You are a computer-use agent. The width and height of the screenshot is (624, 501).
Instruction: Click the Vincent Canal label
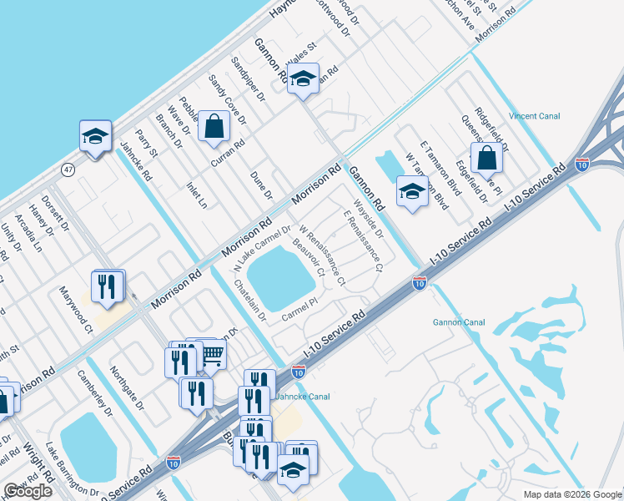click(534, 116)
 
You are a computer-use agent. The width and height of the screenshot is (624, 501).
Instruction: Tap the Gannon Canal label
click(458, 321)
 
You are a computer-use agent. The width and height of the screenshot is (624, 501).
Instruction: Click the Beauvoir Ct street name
click(309, 260)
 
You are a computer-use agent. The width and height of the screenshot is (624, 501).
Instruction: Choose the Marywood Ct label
click(76, 311)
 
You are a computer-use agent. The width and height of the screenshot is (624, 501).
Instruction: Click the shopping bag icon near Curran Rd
click(214, 128)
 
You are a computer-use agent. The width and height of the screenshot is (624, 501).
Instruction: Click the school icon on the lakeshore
click(95, 136)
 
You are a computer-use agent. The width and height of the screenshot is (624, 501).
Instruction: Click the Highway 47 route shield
click(67, 170)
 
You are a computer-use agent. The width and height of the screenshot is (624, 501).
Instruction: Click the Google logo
click(28, 491)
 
